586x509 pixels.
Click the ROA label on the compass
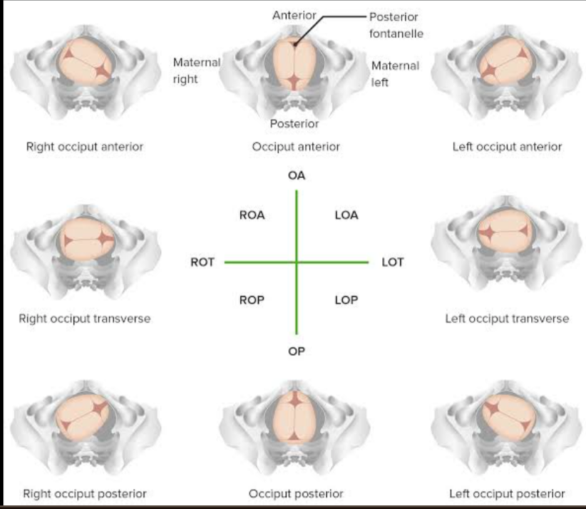[x=252, y=215]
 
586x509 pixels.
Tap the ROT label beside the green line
[x=203, y=262]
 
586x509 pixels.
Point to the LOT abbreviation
[x=393, y=262]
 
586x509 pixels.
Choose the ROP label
[x=252, y=301]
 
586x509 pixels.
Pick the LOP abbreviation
[x=346, y=301]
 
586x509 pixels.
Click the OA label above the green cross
[x=297, y=176]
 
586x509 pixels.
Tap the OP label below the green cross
[x=297, y=352]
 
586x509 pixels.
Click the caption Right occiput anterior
[x=85, y=147]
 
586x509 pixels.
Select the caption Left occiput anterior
[x=507, y=147]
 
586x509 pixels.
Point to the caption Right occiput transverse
[x=85, y=319]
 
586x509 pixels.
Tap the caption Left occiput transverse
[x=507, y=319]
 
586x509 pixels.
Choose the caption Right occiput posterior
[x=85, y=494]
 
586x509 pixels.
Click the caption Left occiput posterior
[x=507, y=494]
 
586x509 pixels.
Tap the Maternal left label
[x=395, y=73]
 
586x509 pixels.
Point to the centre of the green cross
[x=297, y=262]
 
